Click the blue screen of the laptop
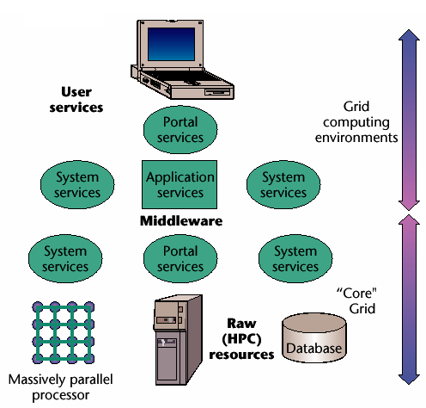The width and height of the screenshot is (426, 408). click(171, 44)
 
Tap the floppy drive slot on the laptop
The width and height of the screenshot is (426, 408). click(217, 92)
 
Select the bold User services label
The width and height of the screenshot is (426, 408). click(76, 100)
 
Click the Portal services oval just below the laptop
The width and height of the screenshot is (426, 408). click(180, 130)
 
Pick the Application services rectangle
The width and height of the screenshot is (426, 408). click(180, 184)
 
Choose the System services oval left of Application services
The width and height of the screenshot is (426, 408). click(77, 184)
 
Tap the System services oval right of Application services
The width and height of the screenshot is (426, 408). click(283, 184)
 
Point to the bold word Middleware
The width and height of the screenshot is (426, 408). click(181, 221)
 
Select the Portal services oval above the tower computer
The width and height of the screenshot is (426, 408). click(180, 258)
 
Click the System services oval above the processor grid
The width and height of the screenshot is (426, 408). click(65, 258)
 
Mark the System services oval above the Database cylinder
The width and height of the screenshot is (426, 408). click(295, 258)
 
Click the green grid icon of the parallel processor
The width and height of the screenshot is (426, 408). click(63, 333)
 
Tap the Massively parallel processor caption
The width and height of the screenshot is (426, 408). click(61, 387)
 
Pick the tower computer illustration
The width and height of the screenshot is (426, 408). click(178, 340)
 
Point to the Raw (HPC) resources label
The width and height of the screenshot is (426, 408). click(241, 339)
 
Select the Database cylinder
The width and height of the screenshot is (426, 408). click(314, 337)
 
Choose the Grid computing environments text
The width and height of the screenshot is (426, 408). click(356, 122)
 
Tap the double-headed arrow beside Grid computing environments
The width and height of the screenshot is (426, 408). click(409, 120)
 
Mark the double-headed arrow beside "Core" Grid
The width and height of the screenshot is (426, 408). click(409, 300)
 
